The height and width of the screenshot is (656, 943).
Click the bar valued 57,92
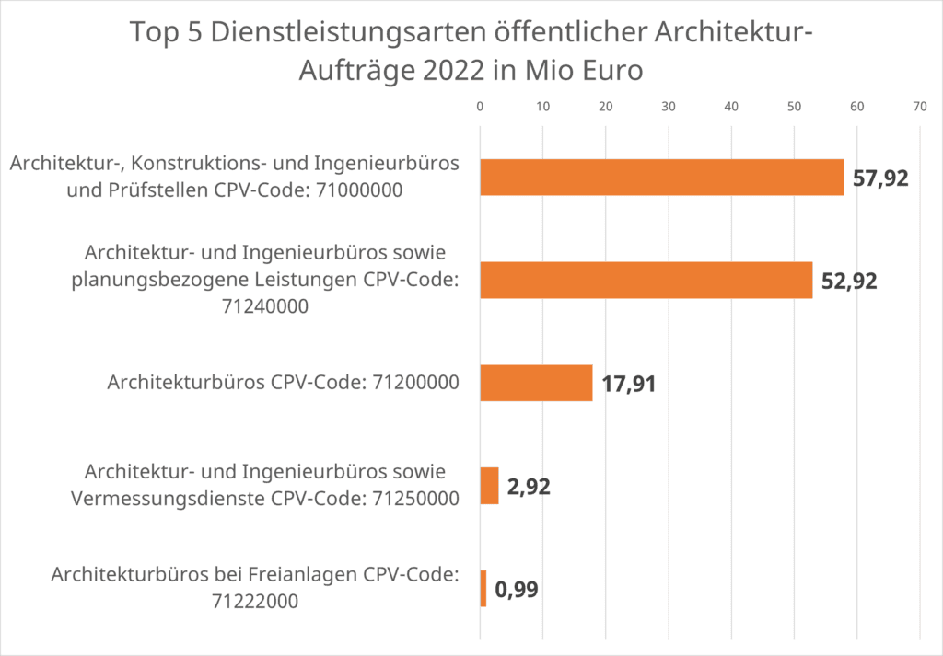click(x=661, y=178)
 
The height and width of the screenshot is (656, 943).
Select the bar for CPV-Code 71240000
click(x=646, y=280)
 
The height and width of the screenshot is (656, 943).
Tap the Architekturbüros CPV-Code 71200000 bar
click(x=536, y=383)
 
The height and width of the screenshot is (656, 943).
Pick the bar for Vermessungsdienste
click(x=489, y=486)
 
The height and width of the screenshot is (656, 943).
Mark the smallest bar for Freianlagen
click(x=483, y=589)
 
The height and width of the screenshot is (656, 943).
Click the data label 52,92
click(x=849, y=281)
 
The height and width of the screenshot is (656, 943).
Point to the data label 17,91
click(x=629, y=384)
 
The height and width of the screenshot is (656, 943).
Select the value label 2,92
click(x=529, y=487)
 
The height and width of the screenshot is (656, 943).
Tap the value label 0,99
click(x=516, y=590)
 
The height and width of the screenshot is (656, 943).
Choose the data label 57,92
click(x=880, y=178)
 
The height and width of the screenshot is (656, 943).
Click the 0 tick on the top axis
click(x=480, y=107)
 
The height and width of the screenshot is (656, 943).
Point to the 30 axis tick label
click(x=669, y=107)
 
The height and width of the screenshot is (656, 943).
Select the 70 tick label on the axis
click(x=919, y=107)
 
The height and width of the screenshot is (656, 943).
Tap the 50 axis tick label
click(x=794, y=107)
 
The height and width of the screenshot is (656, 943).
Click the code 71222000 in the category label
click(x=255, y=601)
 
